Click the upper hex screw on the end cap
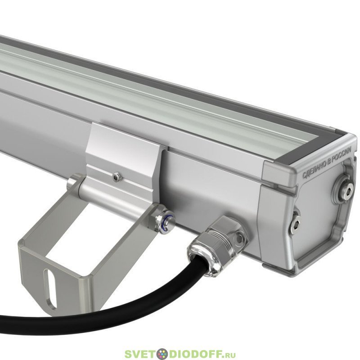pyautogui.click(x=343, y=185)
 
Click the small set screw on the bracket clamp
pyautogui.click(x=117, y=177)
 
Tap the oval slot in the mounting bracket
pyautogui.click(x=51, y=288)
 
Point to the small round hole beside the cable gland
pyautogui.click(x=239, y=239)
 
